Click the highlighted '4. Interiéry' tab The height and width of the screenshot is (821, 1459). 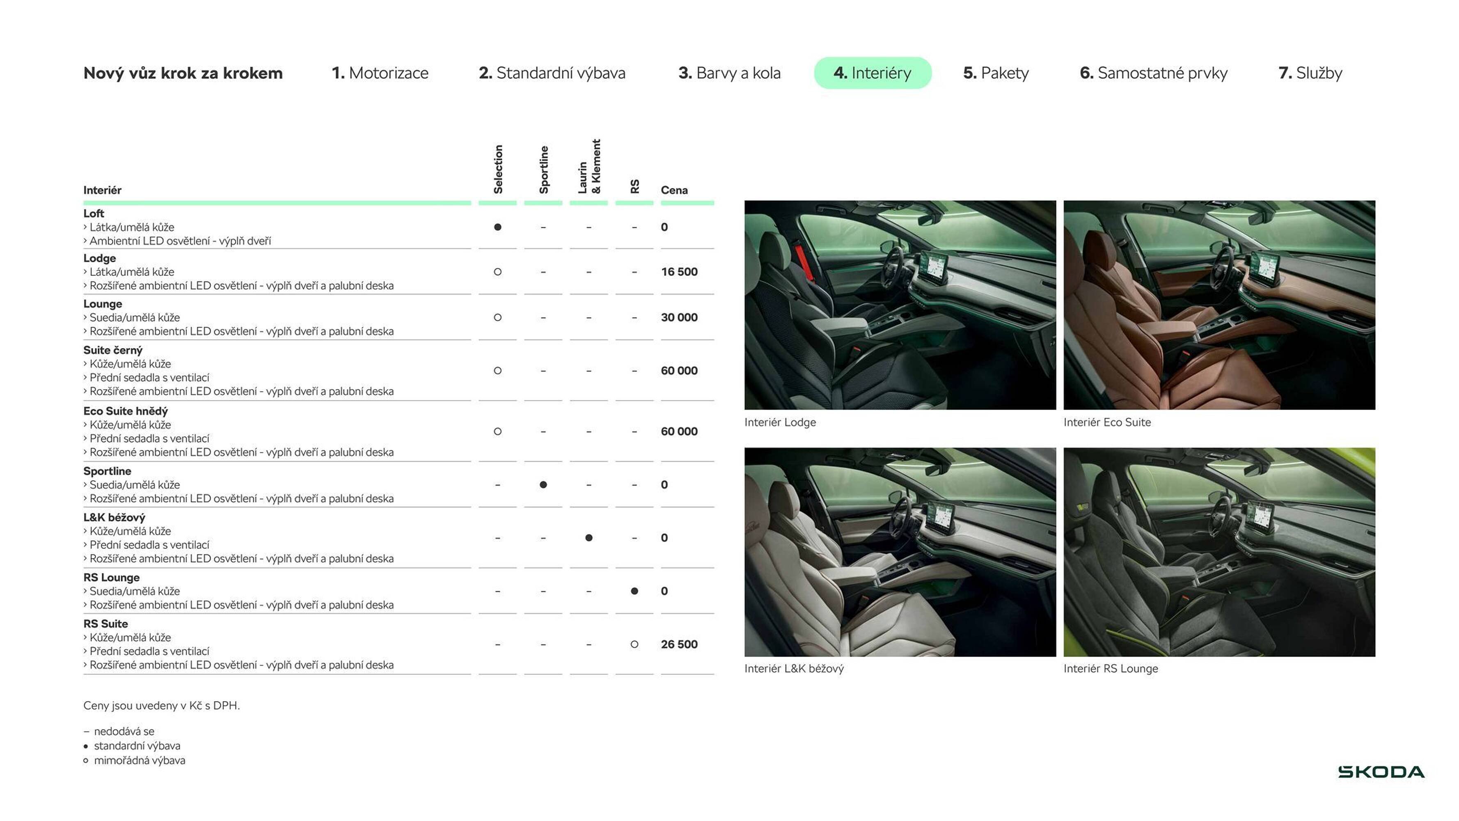click(x=872, y=73)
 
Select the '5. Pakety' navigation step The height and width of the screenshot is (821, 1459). click(x=996, y=73)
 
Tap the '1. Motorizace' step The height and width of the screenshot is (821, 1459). click(x=380, y=73)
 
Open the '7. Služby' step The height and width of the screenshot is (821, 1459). click(x=1310, y=73)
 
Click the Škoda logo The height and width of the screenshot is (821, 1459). click(x=1381, y=772)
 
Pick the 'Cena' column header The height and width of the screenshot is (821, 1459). click(x=674, y=190)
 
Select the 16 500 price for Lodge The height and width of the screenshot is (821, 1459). click(x=679, y=272)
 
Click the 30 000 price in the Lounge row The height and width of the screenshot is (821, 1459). click(x=679, y=317)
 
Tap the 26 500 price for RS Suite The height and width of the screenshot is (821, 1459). click(x=679, y=644)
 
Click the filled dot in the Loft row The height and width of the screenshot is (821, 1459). click(x=497, y=227)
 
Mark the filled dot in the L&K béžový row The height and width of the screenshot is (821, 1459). click(x=589, y=538)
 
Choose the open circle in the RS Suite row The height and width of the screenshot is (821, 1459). click(x=634, y=644)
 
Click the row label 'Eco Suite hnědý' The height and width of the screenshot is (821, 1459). click(x=125, y=411)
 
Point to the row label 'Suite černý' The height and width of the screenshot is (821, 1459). click(x=113, y=350)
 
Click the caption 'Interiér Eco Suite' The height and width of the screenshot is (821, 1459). click(x=1107, y=422)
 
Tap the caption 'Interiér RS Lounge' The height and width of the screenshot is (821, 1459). click(x=1110, y=669)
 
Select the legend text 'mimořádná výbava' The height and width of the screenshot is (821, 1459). click(x=139, y=760)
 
